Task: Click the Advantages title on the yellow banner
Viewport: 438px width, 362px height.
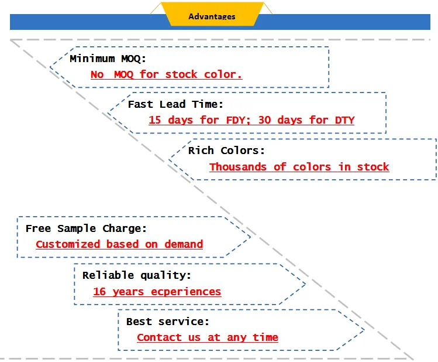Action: [212, 16]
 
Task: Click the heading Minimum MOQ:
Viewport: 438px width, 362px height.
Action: [108, 59]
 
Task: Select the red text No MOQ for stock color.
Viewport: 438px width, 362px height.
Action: [167, 74]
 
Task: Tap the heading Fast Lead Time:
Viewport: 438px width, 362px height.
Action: [175, 104]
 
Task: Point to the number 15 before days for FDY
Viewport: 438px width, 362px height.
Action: [155, 120]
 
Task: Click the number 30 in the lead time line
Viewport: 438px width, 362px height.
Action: [264, 120]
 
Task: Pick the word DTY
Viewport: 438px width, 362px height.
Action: [344, 120]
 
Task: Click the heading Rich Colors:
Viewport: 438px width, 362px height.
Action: [226, 151]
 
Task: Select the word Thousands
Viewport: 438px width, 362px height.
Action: [238, 167]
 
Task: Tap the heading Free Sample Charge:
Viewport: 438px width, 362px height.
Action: [86, 228]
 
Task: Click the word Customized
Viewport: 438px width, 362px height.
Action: [68, 244]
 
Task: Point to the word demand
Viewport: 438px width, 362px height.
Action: [184, 244]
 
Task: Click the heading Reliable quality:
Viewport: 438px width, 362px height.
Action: [137, 275]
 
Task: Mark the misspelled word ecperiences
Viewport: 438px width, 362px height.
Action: [186, 292]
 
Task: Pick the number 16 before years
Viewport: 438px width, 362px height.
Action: [99, 292]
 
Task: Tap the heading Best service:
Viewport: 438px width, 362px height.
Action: [168, 322]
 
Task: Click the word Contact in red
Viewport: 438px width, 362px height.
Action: [159, 337]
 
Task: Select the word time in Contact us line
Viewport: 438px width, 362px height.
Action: [265, 337]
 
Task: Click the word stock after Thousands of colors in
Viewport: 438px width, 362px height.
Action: [373, 167]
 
